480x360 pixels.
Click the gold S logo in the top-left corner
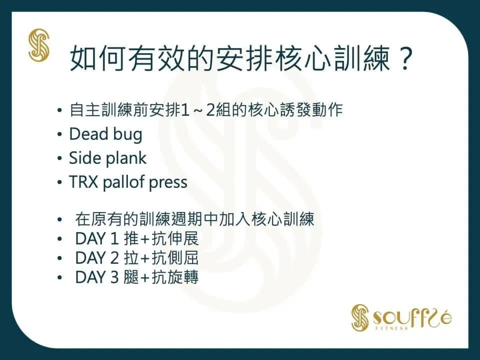pyautogui.click(x=39, y=45)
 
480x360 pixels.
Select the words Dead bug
pyautogui.click(x=105, y=134)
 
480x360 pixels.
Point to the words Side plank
pyautogui.click(x=107, y=158)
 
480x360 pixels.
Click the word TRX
pyautogui.click(x=83, y=182)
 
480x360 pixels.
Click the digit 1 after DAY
pyautogui.click(x=114, y=239)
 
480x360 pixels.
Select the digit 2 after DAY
pyautogui.click(x=114, y=258)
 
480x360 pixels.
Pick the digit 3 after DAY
pyautogui.click(x=114, y=277)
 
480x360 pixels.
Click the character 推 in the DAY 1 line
pyautogui.click(x=131, y=239)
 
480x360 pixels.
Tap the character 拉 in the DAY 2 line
pyautogui.click(x=131, y=258)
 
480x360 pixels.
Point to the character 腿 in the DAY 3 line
pyautogui.click(x=131, y=277)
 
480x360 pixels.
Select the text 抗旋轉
pyautogui.click(x=175, y=277)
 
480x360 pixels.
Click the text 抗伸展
pyautogui.click(x=175, y=239)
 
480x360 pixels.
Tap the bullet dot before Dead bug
pyautogui.click(x=59, y=135)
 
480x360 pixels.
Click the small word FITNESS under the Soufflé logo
pyautogui.click(x=392, y=328)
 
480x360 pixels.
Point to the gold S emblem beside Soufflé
pyautogui.click(x=360, y=317)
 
